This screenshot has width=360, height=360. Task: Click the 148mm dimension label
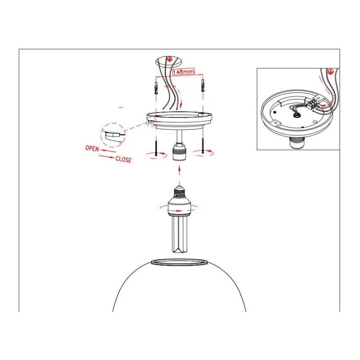[x=183, y=72]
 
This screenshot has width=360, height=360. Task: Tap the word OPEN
[x=92, y=148]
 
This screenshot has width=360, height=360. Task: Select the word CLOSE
[x=124, y=159]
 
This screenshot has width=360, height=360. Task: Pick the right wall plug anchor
[x=203, y=85]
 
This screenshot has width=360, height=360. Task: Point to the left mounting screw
[x=156, y=147]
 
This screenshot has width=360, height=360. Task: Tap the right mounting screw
[x=203, y=145]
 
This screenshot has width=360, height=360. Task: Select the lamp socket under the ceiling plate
[x=179, y=151]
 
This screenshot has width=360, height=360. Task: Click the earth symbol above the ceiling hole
[x=169, y=59]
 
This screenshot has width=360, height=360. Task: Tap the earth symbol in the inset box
[x=330, y=72]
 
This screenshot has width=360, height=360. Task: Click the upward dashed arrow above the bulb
[x=179, y=175]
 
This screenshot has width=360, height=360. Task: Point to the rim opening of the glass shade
[x=179, y=262]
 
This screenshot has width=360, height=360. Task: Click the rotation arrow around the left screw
[x=157, y=155]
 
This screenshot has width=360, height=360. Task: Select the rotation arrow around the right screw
[x=203, y=153]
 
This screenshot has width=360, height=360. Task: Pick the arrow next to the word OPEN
[x=108, y=151]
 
